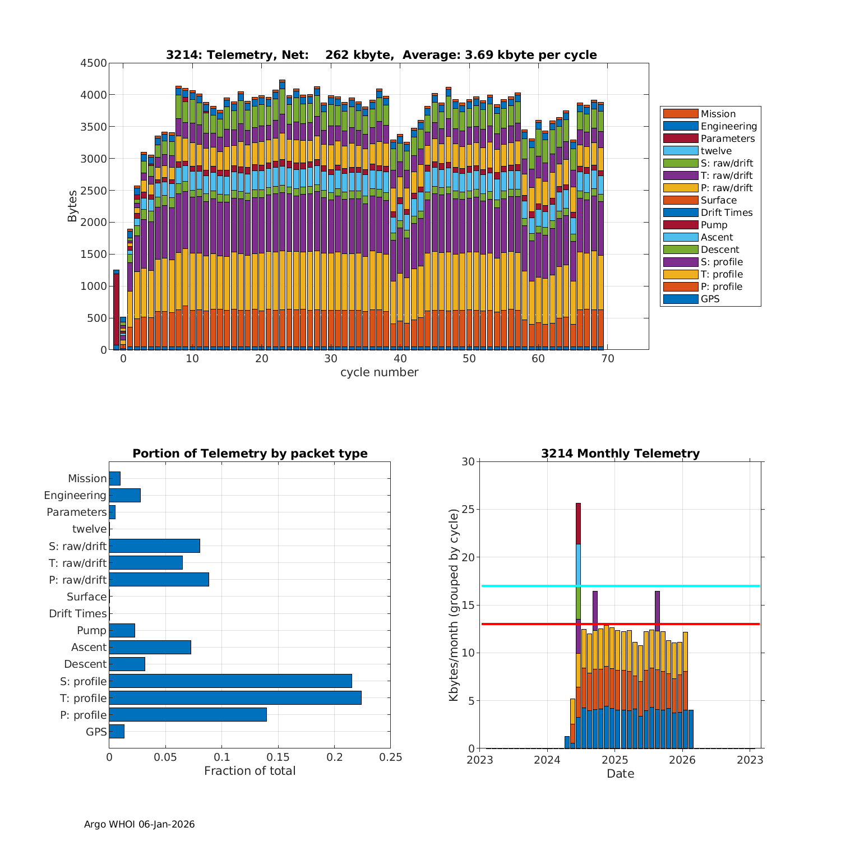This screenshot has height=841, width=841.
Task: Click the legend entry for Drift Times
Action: pyautogui.click(x=726, y=212)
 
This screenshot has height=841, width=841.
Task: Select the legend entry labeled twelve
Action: pyautogui.click(x=716, y=151)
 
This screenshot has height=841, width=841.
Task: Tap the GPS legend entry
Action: pyautogui.click(x=710, y=299)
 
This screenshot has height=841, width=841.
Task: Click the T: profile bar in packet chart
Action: pyautogui.click(x=235, y=698)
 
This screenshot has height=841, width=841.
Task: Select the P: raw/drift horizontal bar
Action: pyautogui.click(x=159, y=580)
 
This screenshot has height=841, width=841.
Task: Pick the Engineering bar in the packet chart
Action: pyautogui.click(x=124, y=495)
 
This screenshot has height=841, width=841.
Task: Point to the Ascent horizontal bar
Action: pyautogui.click(x=150, y=647)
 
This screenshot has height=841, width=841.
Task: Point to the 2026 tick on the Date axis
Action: pyautogui.click(x=682, y=760)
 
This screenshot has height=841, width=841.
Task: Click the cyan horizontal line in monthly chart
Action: pyautogui.click(x=673, y=586)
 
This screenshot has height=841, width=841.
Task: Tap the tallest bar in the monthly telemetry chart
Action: pyautogui.click(x=578, y=617)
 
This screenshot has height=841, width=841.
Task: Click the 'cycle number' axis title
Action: pyautogui.click(x=379, y=372)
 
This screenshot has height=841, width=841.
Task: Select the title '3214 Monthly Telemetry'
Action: pyautogui.click(x=620, y=454)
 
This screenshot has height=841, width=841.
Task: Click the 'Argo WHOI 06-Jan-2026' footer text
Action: pyautogui.click(x=139, y=824)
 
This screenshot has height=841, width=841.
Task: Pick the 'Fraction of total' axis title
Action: pyautogui.click(x=249, y=771)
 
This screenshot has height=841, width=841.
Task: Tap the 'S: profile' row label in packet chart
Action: pyautogui.click(x=84, y=681)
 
